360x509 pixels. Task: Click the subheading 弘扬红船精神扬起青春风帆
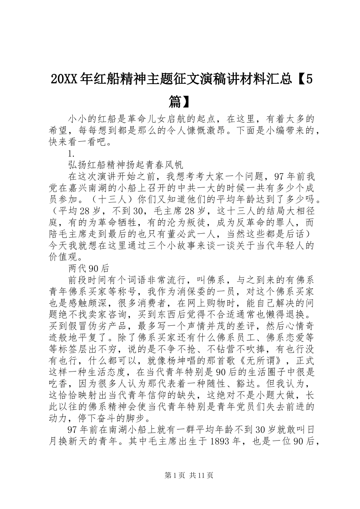click(x=126, y=165)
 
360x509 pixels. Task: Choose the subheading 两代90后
click(x=89, y=268)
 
